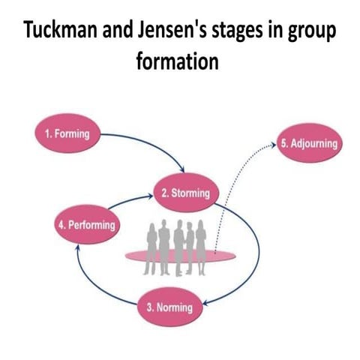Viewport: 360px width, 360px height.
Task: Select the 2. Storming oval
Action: pos(181,194)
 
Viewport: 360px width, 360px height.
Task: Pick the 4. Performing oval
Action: pos(86,225)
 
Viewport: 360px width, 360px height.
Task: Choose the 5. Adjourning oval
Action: pos(309,143)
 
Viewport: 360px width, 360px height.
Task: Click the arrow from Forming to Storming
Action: pos(150,142)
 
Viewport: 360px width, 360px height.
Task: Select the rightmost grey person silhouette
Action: pos(202,240)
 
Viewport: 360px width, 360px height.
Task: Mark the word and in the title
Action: pos(120,34)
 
